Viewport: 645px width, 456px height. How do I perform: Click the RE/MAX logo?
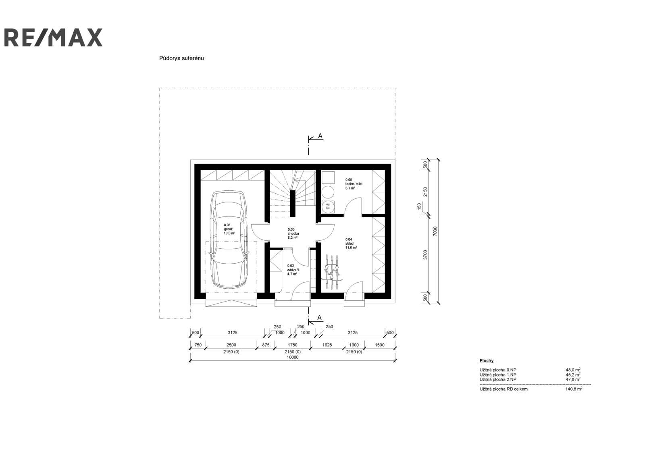[x=53, y=37]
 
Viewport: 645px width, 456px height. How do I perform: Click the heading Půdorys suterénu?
[x=181, y=58]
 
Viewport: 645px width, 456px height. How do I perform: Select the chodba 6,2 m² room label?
[x=293, y=233]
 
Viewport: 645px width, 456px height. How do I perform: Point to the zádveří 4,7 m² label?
[x=293, y=270]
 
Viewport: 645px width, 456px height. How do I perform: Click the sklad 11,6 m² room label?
[x=351, y=244]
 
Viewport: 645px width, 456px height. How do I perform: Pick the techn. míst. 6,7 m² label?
[x=354, y=184]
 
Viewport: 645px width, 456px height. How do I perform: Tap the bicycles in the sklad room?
[x=333, y=272]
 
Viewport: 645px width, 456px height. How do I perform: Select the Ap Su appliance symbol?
[x=328, y=206]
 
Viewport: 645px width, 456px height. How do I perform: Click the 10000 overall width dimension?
[x=293, y=357]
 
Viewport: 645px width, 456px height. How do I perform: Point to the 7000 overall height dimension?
[x=435, y=231]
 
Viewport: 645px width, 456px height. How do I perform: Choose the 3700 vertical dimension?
[x=425, y=255]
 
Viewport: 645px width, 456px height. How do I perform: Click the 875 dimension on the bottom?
[x=266, y=345]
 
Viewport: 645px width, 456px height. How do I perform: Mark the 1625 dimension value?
[x=327, y=345]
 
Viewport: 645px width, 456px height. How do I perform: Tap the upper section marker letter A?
[x=320, y=136]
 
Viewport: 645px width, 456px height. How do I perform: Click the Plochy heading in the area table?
[x=487, y=361]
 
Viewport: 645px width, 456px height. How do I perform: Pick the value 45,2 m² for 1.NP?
[x=573, y=375]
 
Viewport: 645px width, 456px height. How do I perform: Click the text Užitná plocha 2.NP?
[x=498, y=379]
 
